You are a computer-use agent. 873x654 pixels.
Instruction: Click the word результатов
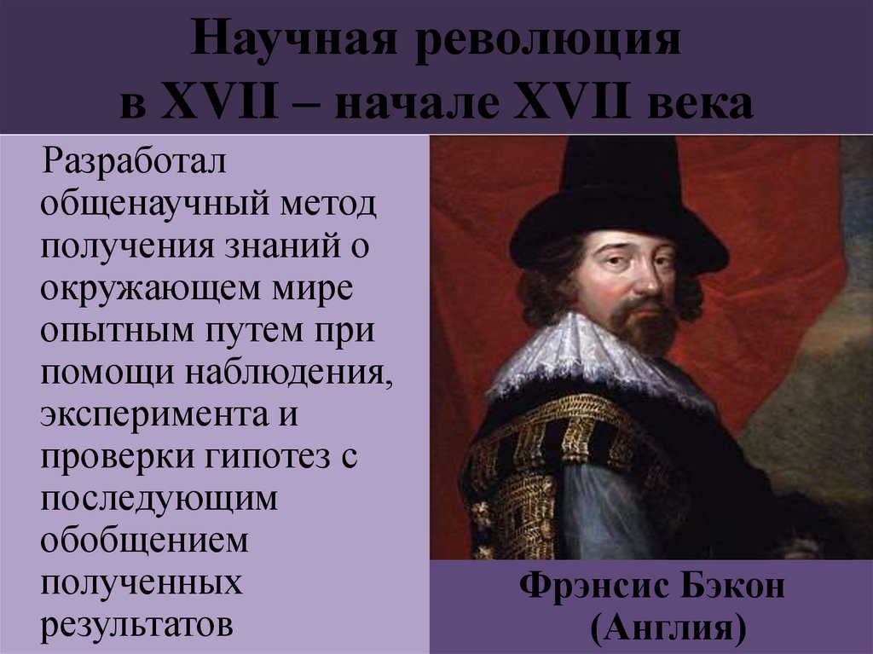[x=137, y=622]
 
